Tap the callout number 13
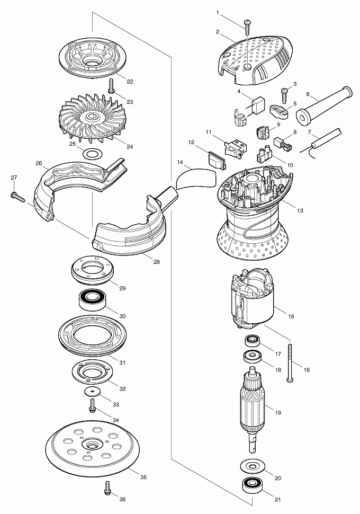pyautogui.click(x=300, y=211)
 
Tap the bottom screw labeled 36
pyautogui.click(x=107, y=487)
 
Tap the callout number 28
pyautogui.click(x=157, y=262)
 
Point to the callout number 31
pyautogui.click(x=122, y=363)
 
